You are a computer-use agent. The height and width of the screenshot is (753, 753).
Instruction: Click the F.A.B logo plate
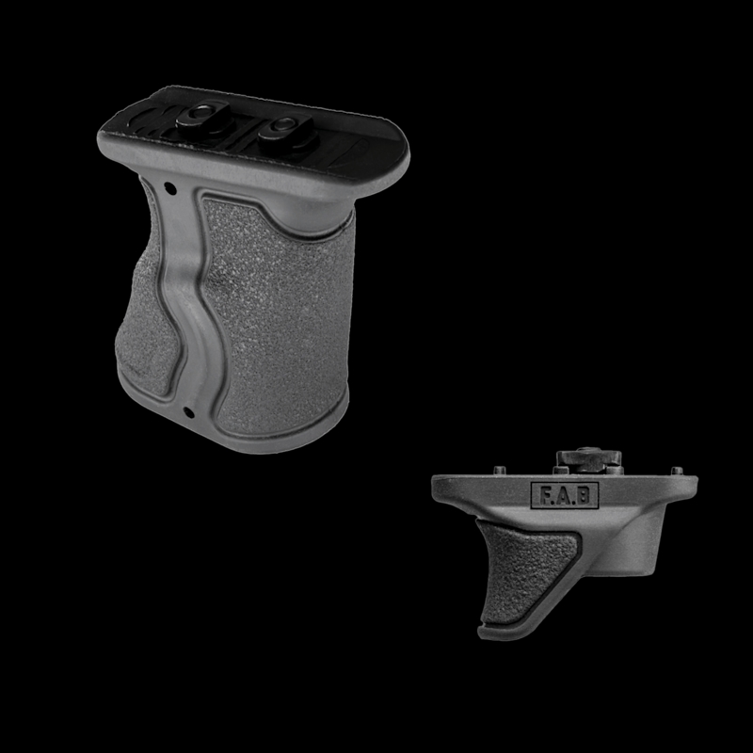pos(565,495)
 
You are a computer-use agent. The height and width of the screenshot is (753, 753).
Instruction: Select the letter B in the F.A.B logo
pos(583,496)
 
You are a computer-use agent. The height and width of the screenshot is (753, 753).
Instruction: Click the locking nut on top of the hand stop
pos(589,460)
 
